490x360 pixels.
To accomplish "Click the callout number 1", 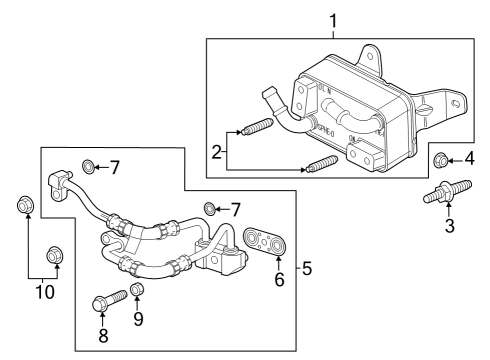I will click(334, 19).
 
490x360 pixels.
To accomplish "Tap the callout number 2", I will click(217, 152).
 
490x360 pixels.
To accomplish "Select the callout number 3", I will click(449, 227).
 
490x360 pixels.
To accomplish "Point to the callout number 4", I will click(468, 157).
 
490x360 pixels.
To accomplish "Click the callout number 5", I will click(307, 268).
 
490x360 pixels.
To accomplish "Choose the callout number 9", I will click(139, 320).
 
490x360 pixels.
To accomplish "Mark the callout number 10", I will click(43, 292).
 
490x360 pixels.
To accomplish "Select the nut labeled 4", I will click(440, 158).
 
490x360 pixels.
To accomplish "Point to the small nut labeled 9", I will click(139, 290).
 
